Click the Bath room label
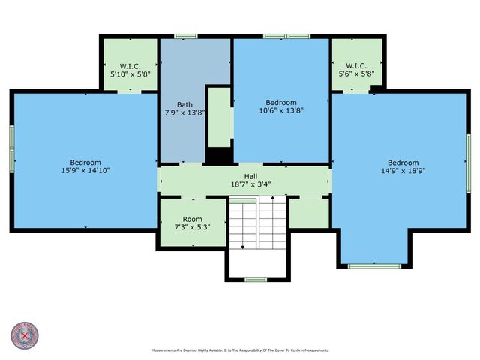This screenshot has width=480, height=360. click(184, 104)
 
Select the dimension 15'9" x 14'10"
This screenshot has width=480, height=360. click(85, 170)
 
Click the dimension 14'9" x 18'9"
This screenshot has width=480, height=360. click(403, 170)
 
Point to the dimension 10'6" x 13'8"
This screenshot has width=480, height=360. click(281, 109)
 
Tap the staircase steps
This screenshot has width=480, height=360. click(247, 223)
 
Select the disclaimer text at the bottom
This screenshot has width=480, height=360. click(240, 350)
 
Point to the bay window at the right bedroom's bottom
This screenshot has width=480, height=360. click(373, 265)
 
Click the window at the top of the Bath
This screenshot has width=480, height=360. click(185, 36)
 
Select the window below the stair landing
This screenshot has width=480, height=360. click(256, 280)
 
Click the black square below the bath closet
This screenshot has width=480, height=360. click(218, 156)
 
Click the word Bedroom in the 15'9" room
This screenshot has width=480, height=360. click(85, 163)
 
